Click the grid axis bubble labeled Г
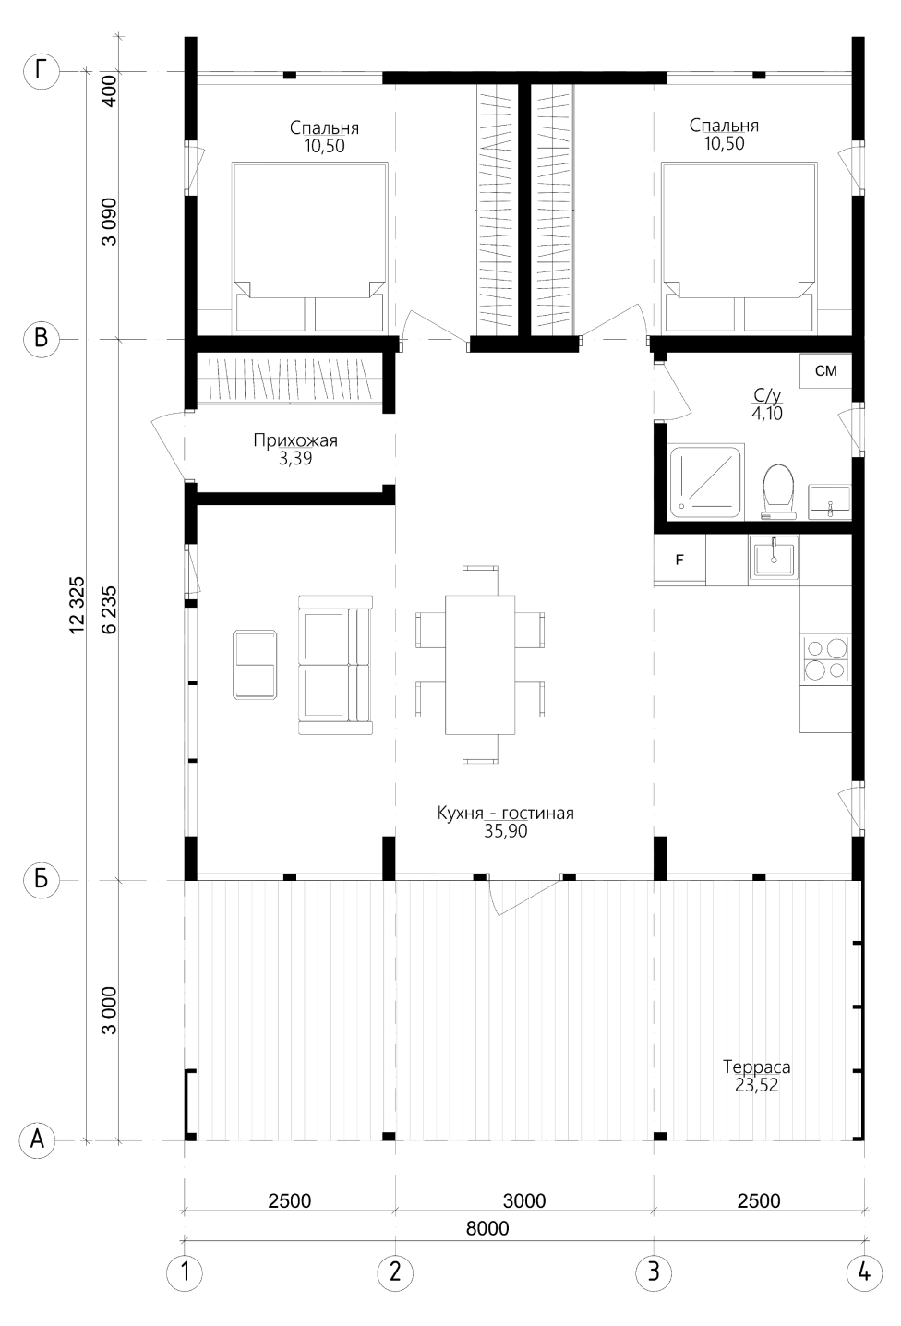[x=42, y=72]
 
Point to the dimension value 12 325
[x=78, y=606]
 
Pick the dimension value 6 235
[x=110, y=609]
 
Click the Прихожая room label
[x=295, y=440]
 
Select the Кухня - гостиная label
[x=506, y=813]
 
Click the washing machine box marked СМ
[x=826, y=371]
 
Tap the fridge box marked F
[x=679, y=560]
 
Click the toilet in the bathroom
[x=778, y=492]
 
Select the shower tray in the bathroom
[x=704, y=482]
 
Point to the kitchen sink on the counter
[x=774, y=556]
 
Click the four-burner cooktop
[x=825, y=659]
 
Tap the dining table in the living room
[x=480, y=664]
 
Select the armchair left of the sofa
[x=255, y=665]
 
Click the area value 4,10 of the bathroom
[x=766, y=413]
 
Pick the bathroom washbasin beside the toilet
[x=830, y=501]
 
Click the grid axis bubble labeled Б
[x=42, y=880]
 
